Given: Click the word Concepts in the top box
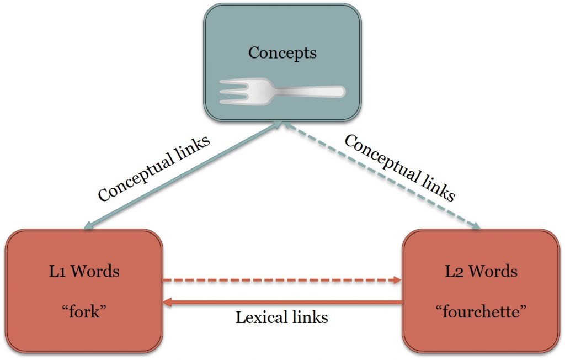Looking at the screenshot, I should (x=282, y=53).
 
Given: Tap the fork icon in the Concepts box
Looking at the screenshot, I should (x=282, y=91).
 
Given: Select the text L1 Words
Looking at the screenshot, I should (x=84, y=272).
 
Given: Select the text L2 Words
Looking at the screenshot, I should (x=481, y=272).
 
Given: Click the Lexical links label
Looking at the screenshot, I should (x=282, y=318).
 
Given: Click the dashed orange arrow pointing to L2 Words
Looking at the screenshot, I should (x=282, y=280).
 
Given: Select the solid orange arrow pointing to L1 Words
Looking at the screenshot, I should (x=282, y=302).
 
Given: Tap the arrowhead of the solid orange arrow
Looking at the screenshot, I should (x=168, y=302).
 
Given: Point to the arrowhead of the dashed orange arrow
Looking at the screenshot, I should (x=397, y=280).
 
